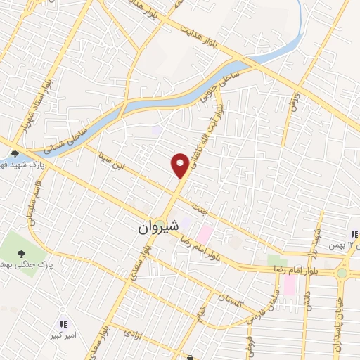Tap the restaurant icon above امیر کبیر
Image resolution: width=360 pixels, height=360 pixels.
63,324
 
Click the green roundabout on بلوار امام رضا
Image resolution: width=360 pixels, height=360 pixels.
342,273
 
